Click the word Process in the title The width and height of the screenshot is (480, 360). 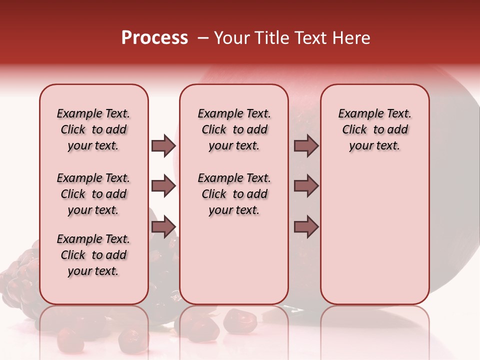pyautogui.click(x=154, y=38)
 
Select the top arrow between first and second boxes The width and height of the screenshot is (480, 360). pyautogui.click(x=163, y=145)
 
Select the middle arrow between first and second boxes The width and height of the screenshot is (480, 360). pyautogui.click(x=163, y=186)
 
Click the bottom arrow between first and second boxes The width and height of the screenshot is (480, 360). pyautogui.click(x=163, y=227)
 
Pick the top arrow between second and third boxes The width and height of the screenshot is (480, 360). pyautogui.click(x=306, y=145)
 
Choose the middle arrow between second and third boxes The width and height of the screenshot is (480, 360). pyautogui.click(x=306, y=186)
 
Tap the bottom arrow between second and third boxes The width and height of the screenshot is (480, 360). pyautogui.click(x=306, y=227)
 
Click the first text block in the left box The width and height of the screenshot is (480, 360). pyautogui.click(x=93, y=129)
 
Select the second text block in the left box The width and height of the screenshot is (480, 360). pyautogui.click(x=93, y=194)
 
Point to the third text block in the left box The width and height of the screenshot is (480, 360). pyautogui.click(x=93, y=255)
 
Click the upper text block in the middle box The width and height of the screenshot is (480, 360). pyautogui.click(x=234, y=129)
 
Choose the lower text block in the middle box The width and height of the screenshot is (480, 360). pyautogui.click(x=234, y=194)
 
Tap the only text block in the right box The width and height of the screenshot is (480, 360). pyautogui.click(x=374, y=129)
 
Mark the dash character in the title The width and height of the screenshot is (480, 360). pyautogui.click(x=202, y=38)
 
